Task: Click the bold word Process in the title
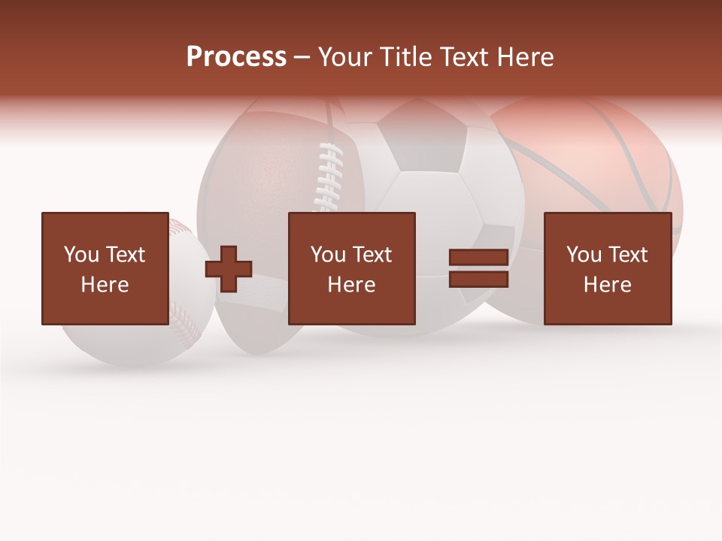point(236,57)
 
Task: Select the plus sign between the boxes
point(229,269)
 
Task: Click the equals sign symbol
point(478,268)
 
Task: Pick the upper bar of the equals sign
point(478,258)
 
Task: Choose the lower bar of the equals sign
point(478,279)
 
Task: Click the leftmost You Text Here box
point(105,268)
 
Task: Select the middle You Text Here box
point(351,268)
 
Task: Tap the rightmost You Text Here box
point(607,268)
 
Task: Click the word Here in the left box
point(105,285)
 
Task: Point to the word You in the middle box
point(328,255)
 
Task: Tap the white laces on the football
point(328,177)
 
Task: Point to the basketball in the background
point(602,165)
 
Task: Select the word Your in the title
point(345,57)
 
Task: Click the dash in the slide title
point(302,58)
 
